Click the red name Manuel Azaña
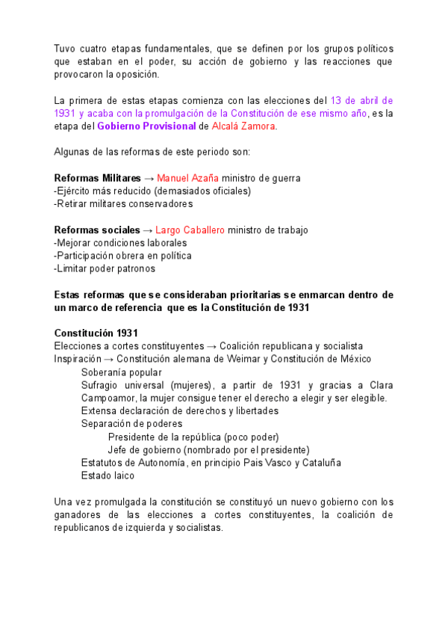coord(187,178)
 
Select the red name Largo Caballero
coord(190,230)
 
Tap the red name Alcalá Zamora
coord(243,126)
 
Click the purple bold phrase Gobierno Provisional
coord(146,126)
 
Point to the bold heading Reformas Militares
coord(97,178)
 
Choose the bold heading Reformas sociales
coord(96,230)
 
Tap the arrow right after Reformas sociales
coord(147,230)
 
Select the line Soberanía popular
coord(121,372)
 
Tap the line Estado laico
coord(108,475)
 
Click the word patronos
coord(134,268)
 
